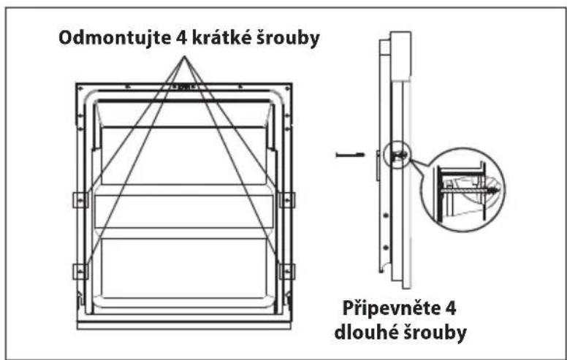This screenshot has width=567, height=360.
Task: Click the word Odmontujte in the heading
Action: [x=115, y=38]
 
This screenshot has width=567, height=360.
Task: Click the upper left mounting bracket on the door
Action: [x=80, y=200]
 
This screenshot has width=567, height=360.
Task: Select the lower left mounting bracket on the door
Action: [x=80, y=272]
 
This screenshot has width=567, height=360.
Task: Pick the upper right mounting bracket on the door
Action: [x=287, y=200]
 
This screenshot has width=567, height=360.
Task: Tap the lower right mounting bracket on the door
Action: [x=287, y=272]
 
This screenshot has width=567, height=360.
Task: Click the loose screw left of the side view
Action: [x=350, y=155]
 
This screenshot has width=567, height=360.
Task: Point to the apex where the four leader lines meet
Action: [x=184, y=56]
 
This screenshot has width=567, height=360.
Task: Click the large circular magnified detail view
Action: [x=463, y=189]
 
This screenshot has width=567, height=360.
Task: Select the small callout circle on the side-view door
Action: [x=398, y=155]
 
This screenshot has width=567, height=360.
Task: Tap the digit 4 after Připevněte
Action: [x=451, y=308]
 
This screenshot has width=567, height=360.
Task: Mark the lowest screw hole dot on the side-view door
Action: [x=387, y=248]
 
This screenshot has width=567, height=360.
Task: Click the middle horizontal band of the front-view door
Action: [x=183, y=212]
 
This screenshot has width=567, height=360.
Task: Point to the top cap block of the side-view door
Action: [x=400, y=57]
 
